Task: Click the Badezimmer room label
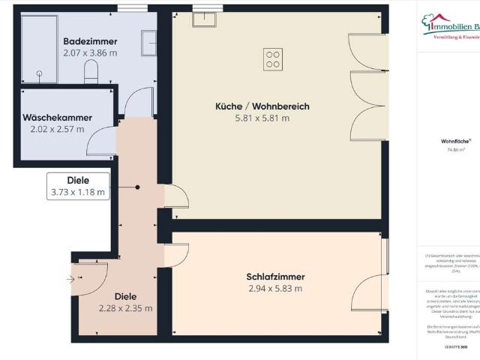point(89,40)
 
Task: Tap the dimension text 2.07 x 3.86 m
point(89,52)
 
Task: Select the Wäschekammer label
point(57,118)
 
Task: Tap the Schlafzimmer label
point(274,277)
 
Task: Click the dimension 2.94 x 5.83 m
point(274,289)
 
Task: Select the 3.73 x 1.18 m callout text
point(78,192)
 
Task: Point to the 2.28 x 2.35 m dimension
point(126,307)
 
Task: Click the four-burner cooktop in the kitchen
point(273,58)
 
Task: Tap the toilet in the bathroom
point(91,71)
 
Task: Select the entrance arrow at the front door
point(72,279)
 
